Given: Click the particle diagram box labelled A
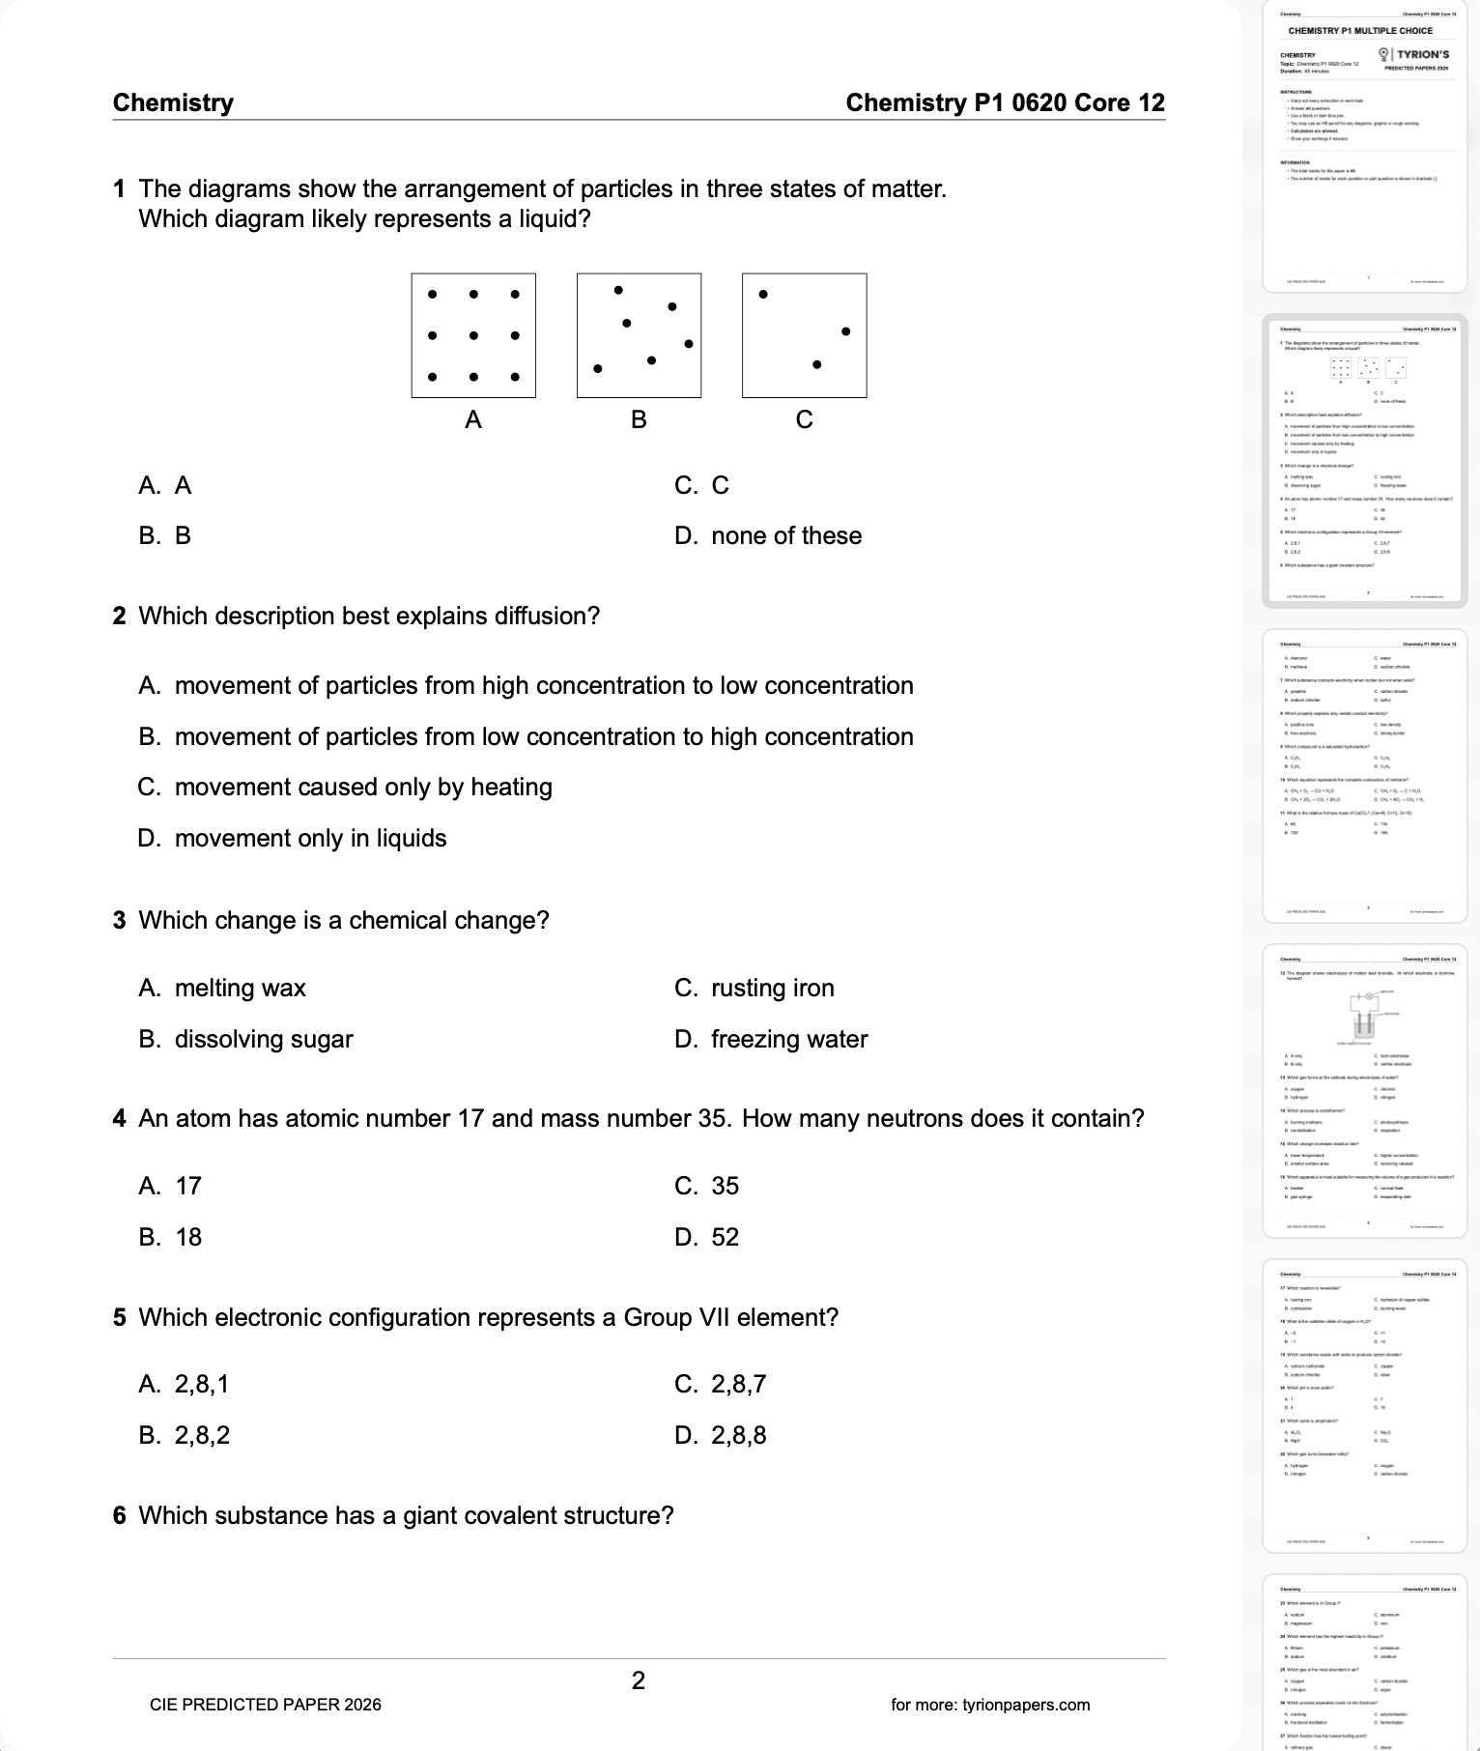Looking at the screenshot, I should (473, 335).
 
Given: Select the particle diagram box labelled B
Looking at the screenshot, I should (639, 335).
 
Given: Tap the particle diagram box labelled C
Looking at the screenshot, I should (804, 335).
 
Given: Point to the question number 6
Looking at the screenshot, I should (120, 1516).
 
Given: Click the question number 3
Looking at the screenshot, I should (120, 921).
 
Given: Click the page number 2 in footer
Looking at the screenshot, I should (639, 1680).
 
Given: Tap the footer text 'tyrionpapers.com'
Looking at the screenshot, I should (1026, 1705).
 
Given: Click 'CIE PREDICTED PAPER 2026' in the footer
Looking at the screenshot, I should (266, 1705).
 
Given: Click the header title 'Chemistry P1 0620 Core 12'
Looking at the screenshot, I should (1005, 103).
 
